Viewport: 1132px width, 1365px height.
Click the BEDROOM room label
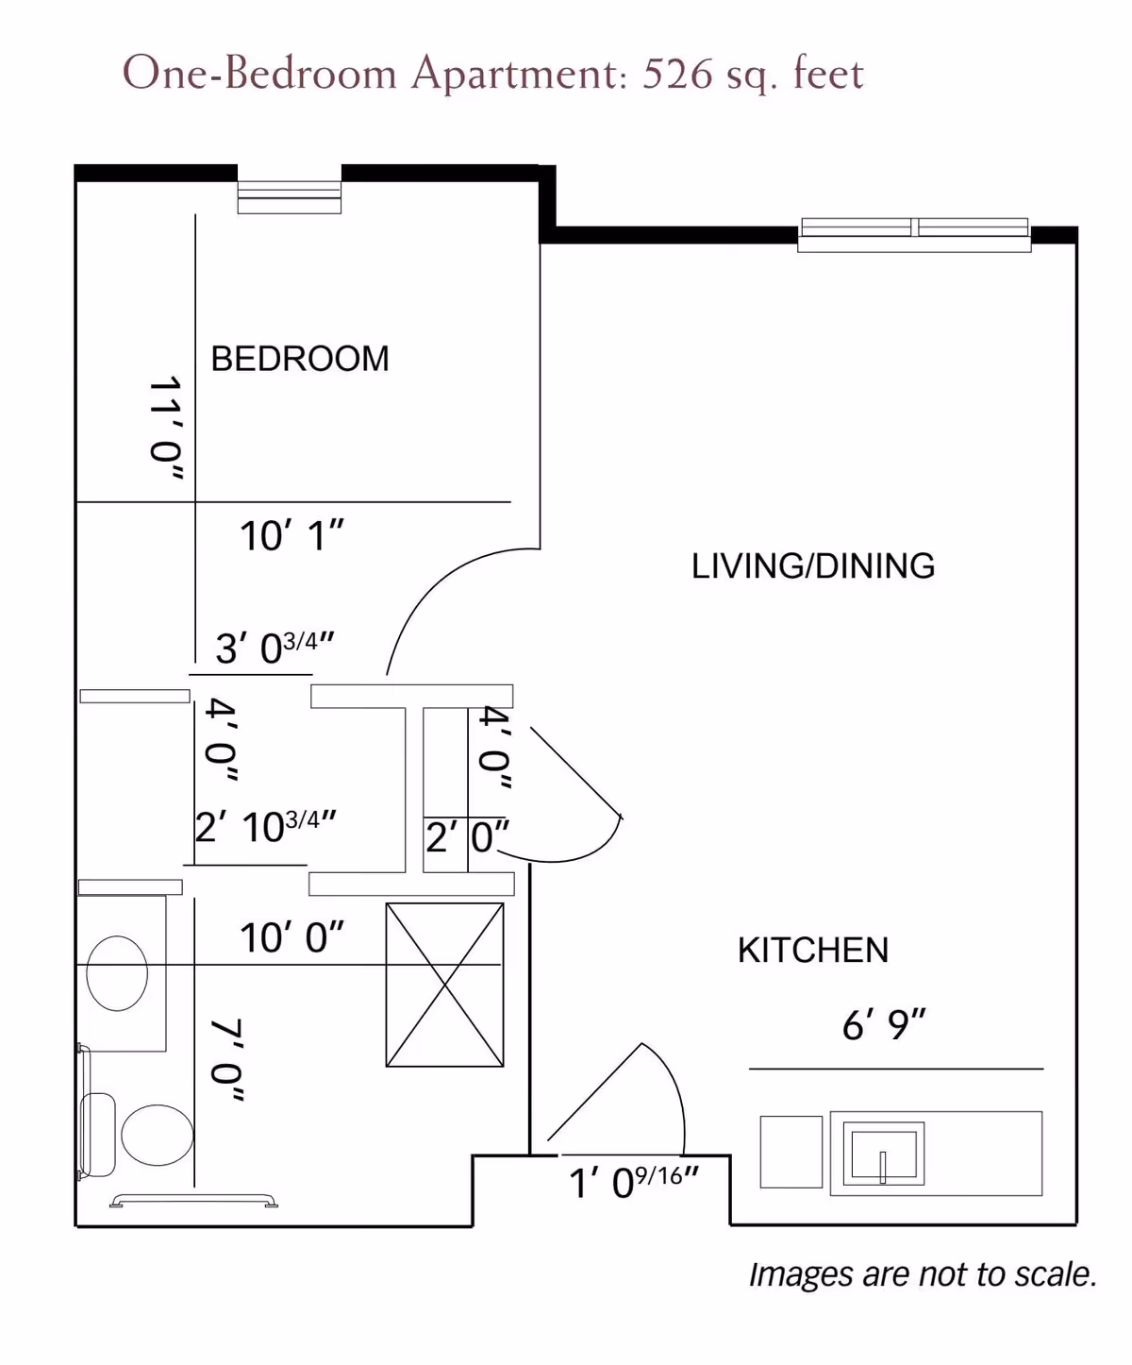tap(300, 359)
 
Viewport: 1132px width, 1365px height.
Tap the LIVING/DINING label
tap(813, 566)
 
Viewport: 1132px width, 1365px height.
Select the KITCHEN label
tap(813, 950)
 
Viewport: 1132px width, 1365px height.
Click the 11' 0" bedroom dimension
tap(165, 429)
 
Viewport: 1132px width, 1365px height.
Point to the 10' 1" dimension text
tap(291, 536)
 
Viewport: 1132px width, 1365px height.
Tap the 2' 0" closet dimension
tap(467, 836)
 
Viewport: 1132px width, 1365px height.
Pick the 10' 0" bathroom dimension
tap(291, 937)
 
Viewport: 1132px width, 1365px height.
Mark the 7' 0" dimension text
tap(227, 1060)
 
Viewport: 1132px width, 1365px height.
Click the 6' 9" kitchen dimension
tap(884, 1025)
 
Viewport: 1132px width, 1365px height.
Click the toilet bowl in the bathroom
tap(158, 1135)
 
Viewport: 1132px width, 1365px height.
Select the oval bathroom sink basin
tap(117, 973)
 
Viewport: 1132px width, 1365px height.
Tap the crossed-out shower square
tap(445, 986)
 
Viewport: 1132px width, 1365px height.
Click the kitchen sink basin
tap(884, 1154)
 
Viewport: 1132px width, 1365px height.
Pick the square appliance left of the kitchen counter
tap(791, 1152)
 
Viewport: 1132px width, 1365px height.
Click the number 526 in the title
tap(677, 74)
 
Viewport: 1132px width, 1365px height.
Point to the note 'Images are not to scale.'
tap(923, 1274)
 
